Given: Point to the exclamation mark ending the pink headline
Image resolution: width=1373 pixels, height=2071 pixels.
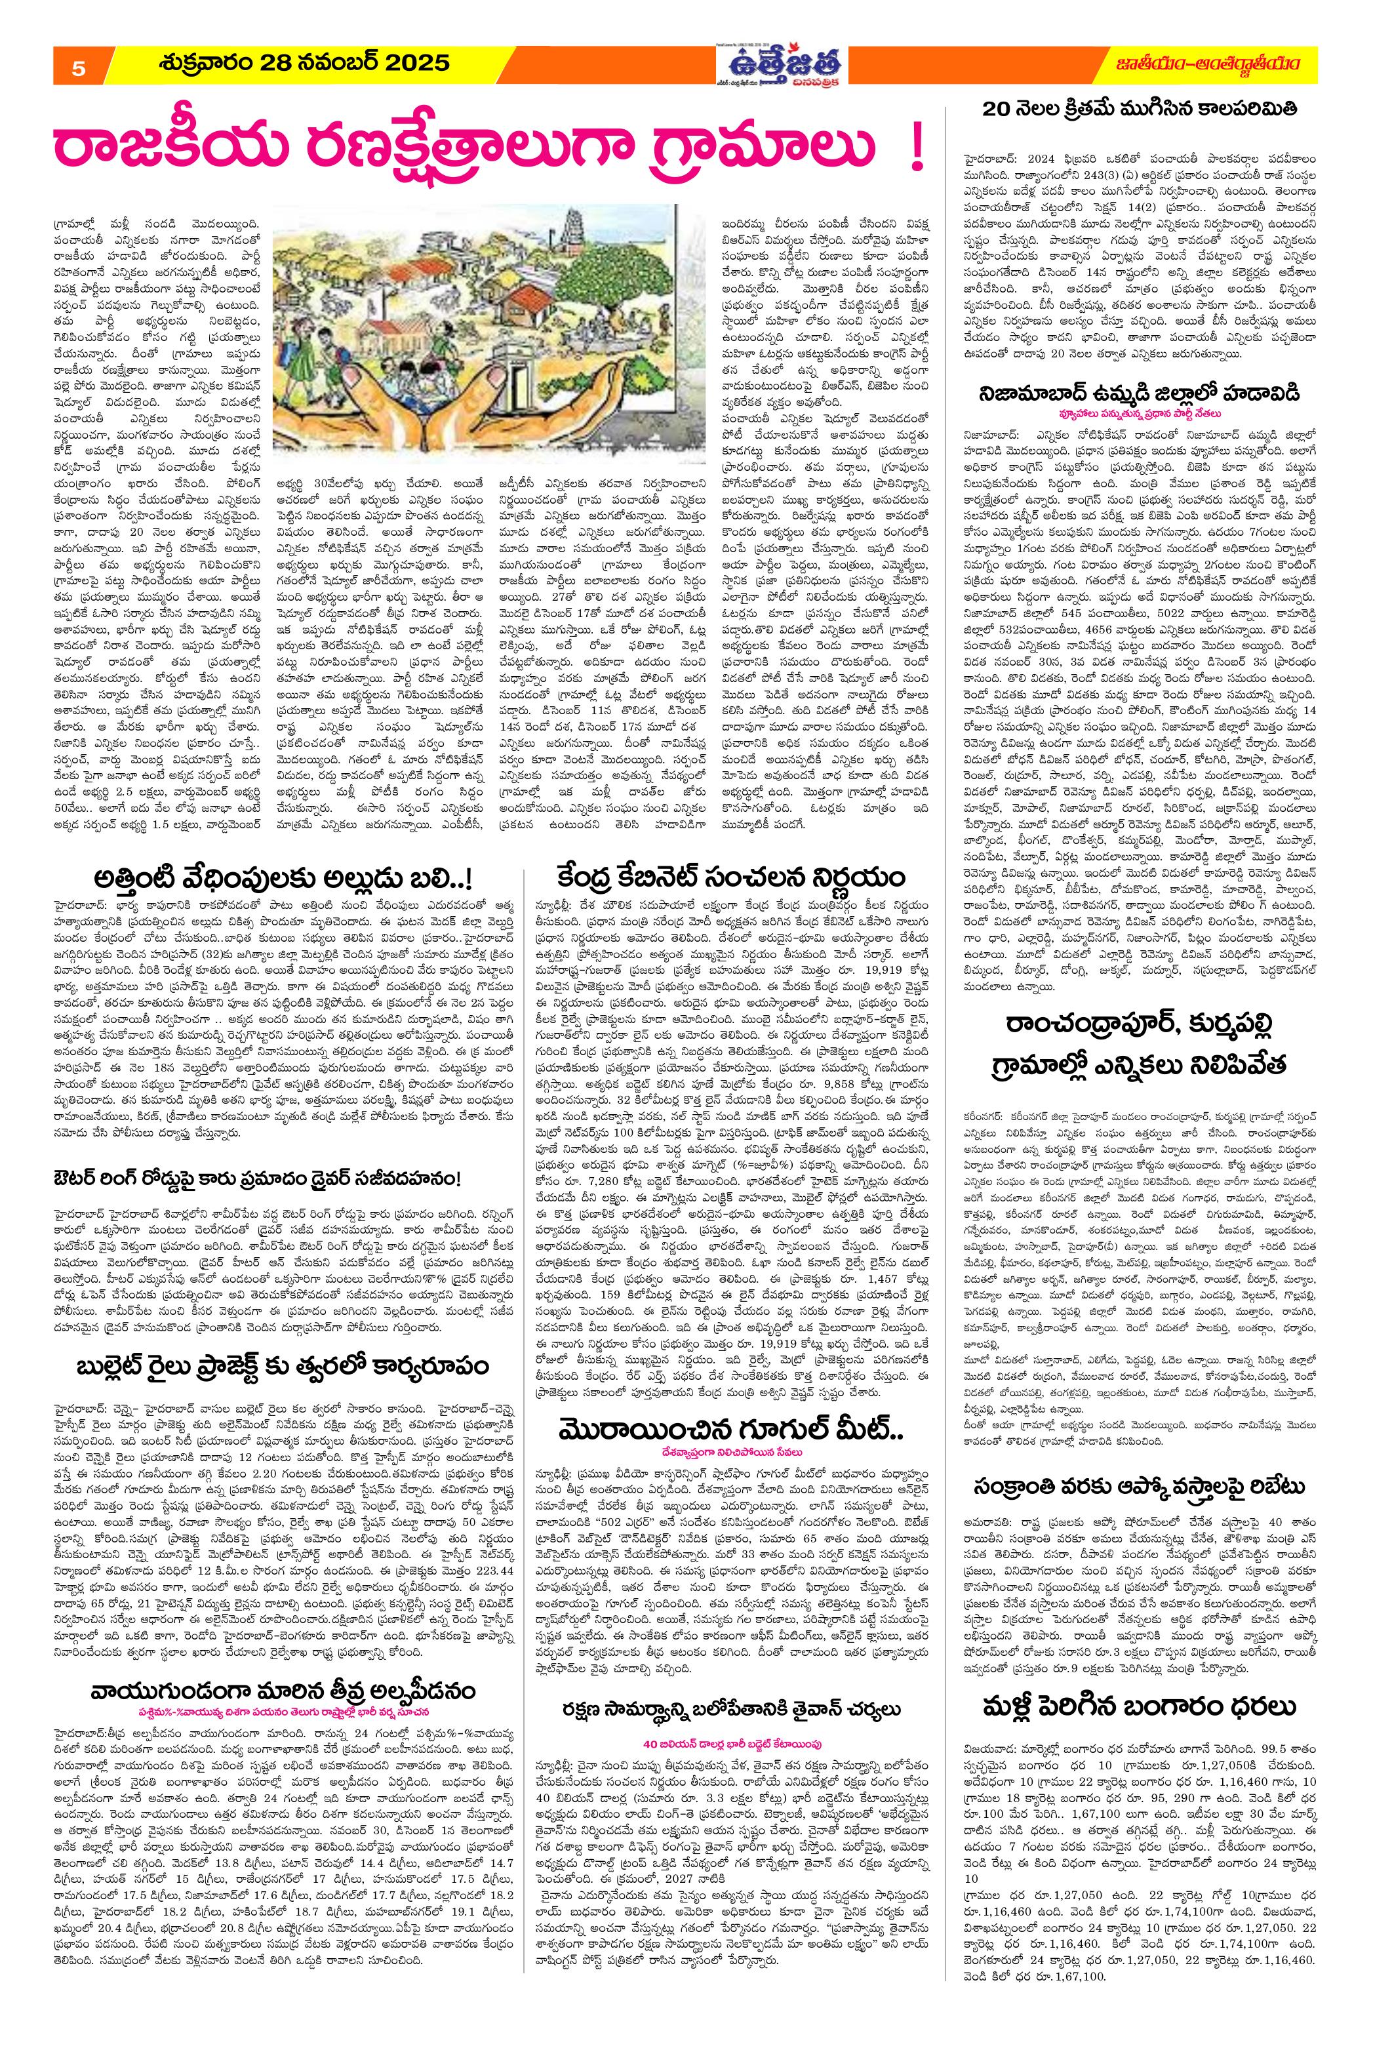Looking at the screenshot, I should tap(917, 154).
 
